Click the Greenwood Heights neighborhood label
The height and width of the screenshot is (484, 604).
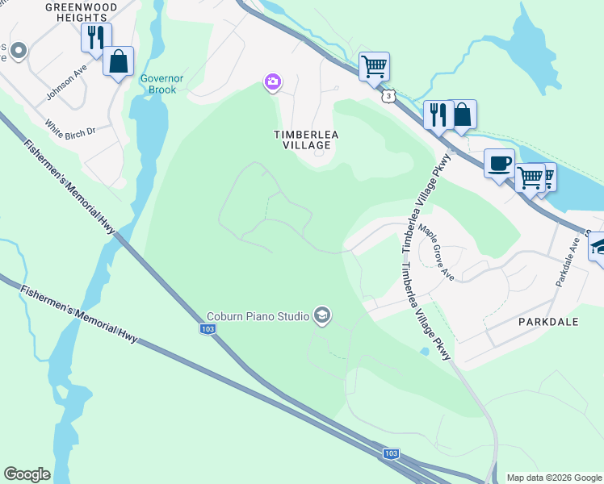(81, 11)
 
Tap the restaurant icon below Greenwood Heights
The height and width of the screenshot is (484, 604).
(96, 38)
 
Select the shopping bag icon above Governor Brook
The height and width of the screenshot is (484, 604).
(119, 61)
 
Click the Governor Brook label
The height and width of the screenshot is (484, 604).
(157, 84)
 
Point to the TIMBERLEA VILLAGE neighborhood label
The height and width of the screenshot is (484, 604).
(302, 139)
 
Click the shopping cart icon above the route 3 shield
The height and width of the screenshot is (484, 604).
(374, 66)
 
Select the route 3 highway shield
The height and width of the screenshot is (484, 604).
(389, 96)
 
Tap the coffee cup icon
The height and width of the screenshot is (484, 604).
(499, 163)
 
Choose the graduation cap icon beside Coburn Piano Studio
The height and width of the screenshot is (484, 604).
(322, 315)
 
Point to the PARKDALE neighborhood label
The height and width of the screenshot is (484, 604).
(548, 321)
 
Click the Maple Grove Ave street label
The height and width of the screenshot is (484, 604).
(436, 252)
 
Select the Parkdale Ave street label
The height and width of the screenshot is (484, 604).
(568, 263)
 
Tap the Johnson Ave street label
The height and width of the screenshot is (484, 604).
(66, 83)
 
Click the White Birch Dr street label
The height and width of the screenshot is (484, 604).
(70, 129)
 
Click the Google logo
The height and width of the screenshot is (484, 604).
(27, 474)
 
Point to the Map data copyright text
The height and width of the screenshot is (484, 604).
(554, 478)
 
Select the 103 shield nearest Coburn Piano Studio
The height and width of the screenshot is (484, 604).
(208, 328)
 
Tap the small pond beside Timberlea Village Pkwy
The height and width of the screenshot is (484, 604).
(424, 352)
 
